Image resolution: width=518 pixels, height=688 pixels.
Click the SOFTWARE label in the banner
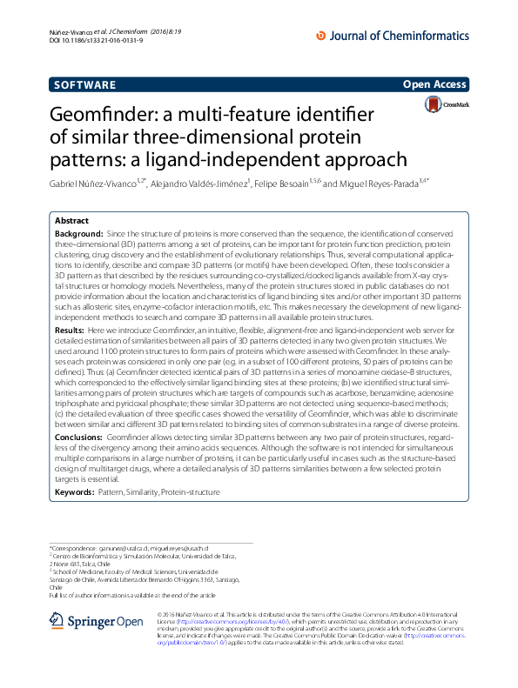click(x=84, y=85)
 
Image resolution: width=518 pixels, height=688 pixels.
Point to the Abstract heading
click(x=72, y=221)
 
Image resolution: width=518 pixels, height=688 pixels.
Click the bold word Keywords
click(x=75, y=492)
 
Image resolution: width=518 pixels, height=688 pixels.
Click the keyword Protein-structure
click(x=191, y=492)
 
